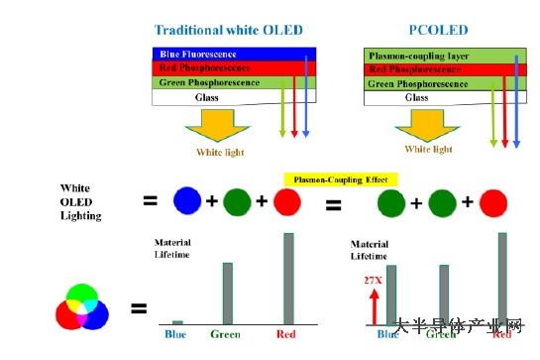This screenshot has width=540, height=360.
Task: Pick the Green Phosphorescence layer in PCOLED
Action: click(422, 83)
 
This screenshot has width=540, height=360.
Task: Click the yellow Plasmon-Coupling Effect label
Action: click(340, 180)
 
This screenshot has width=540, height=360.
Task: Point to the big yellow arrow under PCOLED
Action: click(427, 122)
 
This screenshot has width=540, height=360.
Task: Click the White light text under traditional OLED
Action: click(219, 152)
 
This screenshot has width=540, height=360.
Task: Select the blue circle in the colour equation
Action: click(187, 202)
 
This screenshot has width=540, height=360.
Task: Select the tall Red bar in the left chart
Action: click(289, 278)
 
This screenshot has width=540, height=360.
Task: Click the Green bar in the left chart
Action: click(227, 293)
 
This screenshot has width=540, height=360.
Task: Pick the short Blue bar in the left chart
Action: click(177, 321)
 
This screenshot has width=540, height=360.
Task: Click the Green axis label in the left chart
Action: click(226, 334)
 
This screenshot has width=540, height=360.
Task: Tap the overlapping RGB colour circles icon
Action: click(81, 306)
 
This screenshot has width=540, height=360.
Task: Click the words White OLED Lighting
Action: click(81, 200)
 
